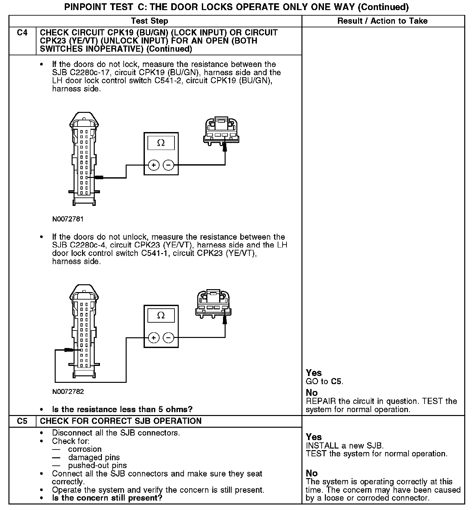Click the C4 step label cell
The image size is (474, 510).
22,33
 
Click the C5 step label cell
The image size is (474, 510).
22,421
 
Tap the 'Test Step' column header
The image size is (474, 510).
149,21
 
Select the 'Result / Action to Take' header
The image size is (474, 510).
383,21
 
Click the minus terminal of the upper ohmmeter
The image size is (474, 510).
168,165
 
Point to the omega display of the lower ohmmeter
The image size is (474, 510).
161,315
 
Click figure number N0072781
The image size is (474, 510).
68,219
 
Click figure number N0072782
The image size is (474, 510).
68,392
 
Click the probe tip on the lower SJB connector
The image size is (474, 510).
69,350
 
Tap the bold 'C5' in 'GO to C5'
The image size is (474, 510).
336,381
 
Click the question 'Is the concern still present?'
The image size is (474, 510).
107,498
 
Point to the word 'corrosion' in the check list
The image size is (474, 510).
85,449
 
